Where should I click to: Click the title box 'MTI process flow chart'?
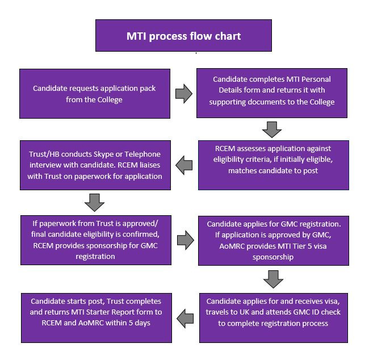tap(183, 36)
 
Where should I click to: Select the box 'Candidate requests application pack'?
tap(95, 94)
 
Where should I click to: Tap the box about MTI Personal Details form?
tap(272, 93)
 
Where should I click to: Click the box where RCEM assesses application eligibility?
tap(274, 165)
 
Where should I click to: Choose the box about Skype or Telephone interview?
tap(95, 165)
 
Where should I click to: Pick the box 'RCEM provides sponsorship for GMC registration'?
tap(96, 240)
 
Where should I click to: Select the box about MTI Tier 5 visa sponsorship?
tap(274, 241)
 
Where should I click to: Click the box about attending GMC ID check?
tap(274, 318)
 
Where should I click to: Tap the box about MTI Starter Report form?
tap(97, 318)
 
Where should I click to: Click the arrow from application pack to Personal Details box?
tap(184, 94)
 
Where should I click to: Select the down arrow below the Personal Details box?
tap(272, 129)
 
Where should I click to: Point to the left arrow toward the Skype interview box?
tap(184, 165)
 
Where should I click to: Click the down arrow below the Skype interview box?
tap(94, 203)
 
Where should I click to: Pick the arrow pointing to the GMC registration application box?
tap(186, 240)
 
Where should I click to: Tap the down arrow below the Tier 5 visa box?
tap(273, 279)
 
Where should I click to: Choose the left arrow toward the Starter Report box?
tap(185, 319)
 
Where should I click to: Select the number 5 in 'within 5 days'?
tap(131, 323)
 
